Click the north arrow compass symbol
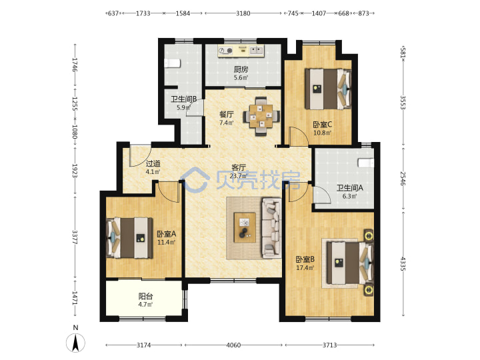point(75,342)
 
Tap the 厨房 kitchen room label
point(241,69)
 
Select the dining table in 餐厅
point(261,116)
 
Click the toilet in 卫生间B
point(173,63)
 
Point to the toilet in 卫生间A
point(366,163)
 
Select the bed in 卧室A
point(129,237)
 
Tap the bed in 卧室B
point(350,263)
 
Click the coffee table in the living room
point(245,227)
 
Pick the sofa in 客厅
point(271,227)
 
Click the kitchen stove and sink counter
point(241,51)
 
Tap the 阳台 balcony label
point(145,296)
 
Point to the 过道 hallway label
point(153,163)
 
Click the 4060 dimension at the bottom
point(233,345)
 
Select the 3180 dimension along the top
point(243,13)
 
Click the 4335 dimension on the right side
point(403,264)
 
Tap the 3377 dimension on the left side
point(75,237)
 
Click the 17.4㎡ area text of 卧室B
point(305,268)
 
